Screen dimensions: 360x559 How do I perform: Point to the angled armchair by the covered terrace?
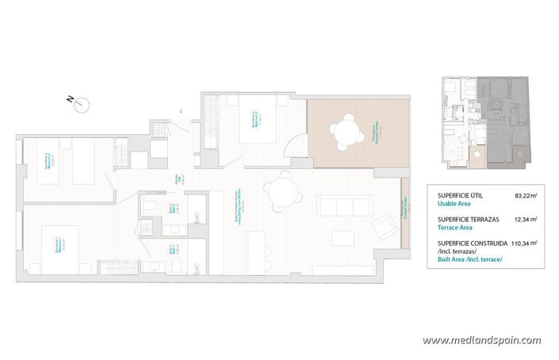tap(382, 228)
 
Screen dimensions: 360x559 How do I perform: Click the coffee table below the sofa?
tap(343, 238)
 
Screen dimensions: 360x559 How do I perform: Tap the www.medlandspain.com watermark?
tap(481, 340)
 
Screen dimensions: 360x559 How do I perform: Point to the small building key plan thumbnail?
tap(484, 123)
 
